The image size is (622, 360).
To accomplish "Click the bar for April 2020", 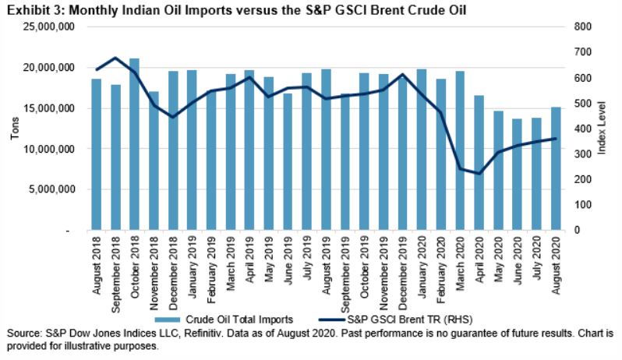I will [x=478, y=163].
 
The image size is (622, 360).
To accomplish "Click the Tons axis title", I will [x=13, y=129].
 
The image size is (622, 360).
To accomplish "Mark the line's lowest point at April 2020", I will [x=478, y=173].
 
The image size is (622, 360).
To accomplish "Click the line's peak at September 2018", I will [x=115, y=58].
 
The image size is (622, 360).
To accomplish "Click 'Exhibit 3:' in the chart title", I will [x=30, y=9].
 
